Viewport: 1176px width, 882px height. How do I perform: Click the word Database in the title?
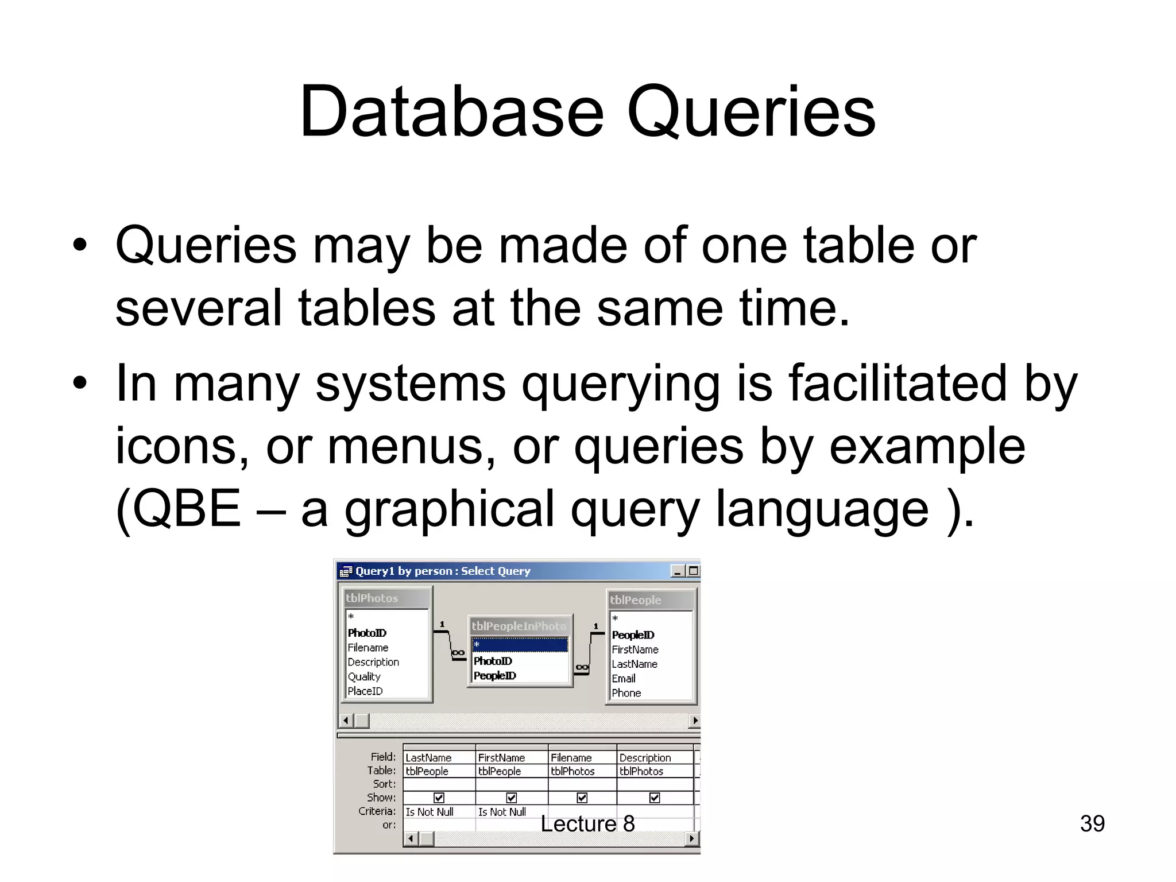click(451, 111)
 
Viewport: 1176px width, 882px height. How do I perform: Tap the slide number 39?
click(1092, 823)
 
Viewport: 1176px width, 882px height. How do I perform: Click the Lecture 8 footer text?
click(587, 823)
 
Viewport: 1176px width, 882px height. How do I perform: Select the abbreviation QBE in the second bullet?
click(179, 509)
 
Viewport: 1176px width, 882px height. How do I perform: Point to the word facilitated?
click(898, 383)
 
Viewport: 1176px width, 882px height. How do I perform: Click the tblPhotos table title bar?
click(385, 598)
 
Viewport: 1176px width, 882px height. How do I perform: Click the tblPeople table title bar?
click(651, 600)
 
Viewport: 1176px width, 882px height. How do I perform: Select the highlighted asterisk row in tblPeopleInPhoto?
click(519, 645)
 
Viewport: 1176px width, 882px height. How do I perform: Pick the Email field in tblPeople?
click(624, 678)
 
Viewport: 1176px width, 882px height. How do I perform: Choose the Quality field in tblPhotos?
click(364, 676)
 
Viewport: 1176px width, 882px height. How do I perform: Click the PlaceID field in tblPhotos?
click(365, 691)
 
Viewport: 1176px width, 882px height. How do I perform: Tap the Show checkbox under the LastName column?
click(439, 798)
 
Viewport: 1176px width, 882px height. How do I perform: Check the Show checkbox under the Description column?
click(654, 798)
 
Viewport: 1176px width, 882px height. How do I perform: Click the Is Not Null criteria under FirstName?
click(502, 812)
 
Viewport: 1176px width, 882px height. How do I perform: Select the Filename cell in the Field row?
click(571, 757)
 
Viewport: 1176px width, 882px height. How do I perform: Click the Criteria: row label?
click(377, 811)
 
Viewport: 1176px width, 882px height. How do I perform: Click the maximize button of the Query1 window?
click(693, 571)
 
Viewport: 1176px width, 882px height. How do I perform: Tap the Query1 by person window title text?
click(442, 571)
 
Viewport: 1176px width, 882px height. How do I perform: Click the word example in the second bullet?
click(927, 446)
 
